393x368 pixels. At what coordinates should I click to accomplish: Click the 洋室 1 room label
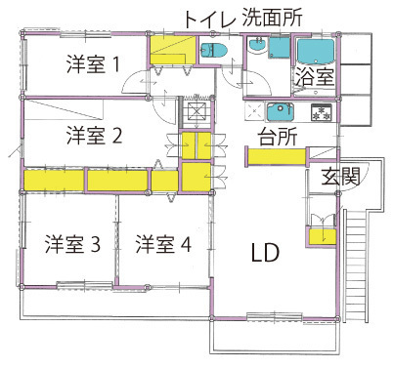point(93,64)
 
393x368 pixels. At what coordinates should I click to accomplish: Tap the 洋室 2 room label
point(94,136)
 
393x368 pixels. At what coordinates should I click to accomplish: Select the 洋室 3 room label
point(72,244)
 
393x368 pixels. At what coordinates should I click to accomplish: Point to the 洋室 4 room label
point(163,244)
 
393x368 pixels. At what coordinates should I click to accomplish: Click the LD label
point(266,253)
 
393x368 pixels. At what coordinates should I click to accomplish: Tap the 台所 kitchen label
point(278,137)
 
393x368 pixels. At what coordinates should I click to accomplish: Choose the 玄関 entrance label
point(340,177)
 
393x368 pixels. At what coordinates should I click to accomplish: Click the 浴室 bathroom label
point(315,77)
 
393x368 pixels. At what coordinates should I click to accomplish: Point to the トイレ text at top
point(209,20)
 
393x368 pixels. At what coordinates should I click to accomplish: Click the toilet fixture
point(214,51)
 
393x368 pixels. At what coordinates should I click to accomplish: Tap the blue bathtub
point(316,51)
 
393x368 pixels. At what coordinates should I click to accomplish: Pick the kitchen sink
point(281,111)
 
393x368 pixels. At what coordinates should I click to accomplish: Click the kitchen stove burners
point(322,112)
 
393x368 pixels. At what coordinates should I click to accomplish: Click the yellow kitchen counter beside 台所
point(277,157)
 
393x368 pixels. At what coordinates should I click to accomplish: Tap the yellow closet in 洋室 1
point(172,50)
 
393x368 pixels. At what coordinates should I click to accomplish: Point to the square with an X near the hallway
point(196,112)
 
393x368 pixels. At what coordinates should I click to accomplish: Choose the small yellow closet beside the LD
point(323,237)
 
